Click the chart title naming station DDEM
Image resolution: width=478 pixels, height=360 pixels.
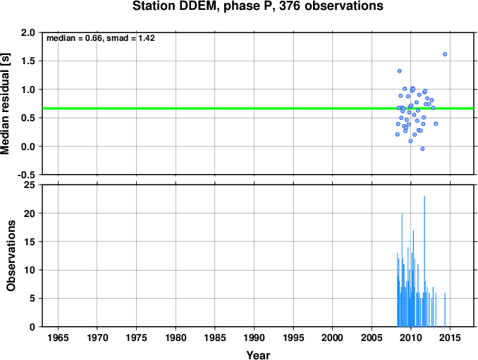[257, 6]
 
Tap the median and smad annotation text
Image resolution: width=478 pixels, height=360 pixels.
[101, 38]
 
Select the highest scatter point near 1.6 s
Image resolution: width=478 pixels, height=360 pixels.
[445, 54]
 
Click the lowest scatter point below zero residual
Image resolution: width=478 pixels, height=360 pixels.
[422, 149]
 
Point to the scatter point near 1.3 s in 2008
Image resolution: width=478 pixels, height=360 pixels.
[399, 71]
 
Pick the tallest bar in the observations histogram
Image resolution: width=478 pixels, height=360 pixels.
[424, 261]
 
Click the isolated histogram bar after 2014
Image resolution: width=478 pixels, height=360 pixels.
[445, 309]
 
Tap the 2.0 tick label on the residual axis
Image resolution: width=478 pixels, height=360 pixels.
[28, 32]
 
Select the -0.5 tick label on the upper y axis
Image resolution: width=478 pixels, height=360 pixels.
[26, 175]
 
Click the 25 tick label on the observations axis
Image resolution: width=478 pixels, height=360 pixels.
[30, 185]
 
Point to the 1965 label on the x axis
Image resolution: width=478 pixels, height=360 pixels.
[58, 337]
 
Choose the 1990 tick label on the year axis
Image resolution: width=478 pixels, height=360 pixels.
[255, 337]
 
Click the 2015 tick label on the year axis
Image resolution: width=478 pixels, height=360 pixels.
[451, 337]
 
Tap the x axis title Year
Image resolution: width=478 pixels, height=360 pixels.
[258, 355]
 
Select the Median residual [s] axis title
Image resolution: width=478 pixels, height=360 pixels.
[5, 104]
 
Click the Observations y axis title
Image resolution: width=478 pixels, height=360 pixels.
[11, 256]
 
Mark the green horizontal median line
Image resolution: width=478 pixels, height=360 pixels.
[258, 108]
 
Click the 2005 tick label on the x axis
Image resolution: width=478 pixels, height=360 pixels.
[372, 337]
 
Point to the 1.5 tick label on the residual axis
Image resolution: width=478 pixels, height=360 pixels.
[28, 61]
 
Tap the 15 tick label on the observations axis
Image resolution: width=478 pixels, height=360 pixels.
[30, 242]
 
